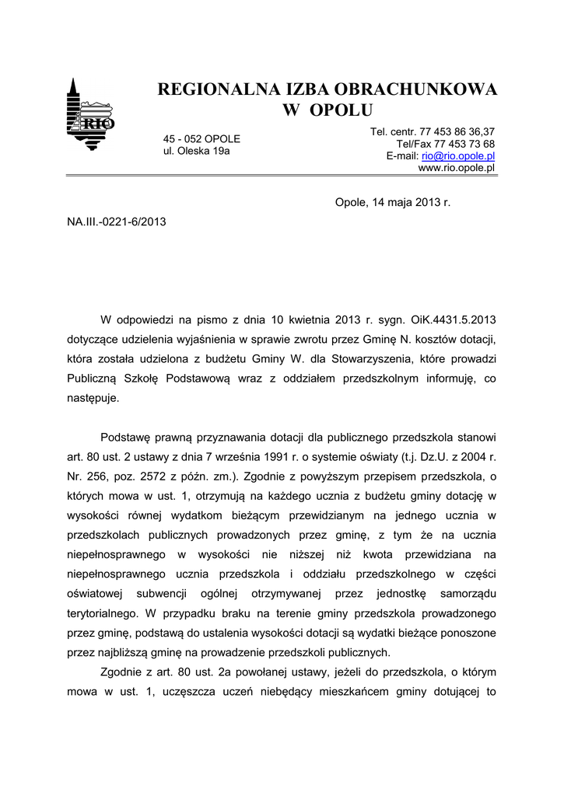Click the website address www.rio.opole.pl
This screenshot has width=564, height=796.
pyautogui.click(x=457, y=168)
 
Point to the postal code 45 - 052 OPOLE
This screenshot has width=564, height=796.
pyautogui.click(x=201, y=138)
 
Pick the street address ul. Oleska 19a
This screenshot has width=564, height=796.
pyautogui.click(x=196, y=151)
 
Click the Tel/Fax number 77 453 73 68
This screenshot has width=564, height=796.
pyautogui.click(x=465, y=144)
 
